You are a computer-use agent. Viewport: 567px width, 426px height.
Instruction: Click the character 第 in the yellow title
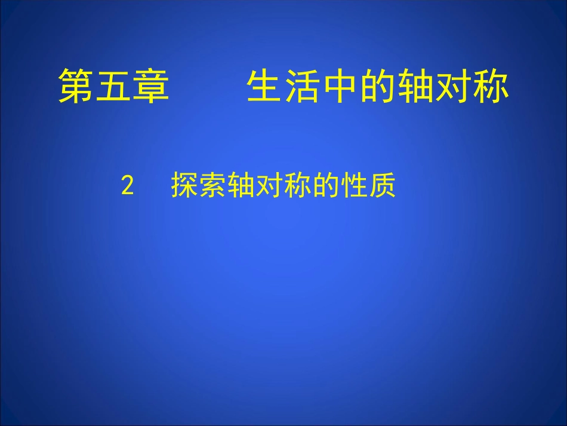click(76, 87)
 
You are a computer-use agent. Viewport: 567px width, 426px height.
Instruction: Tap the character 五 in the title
click(114, 87)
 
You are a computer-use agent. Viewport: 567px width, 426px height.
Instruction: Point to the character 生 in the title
click(265, 87)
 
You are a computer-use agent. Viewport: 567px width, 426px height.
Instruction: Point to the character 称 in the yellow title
click(491, 87)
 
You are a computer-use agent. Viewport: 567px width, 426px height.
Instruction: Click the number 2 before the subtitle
click(127, 186)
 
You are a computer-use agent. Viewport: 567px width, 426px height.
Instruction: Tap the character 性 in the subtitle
click(355, 186)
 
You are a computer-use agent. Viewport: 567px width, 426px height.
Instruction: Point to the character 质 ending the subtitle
click(383, 186)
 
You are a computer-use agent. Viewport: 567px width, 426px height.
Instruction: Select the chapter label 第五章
click(114, 87)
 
